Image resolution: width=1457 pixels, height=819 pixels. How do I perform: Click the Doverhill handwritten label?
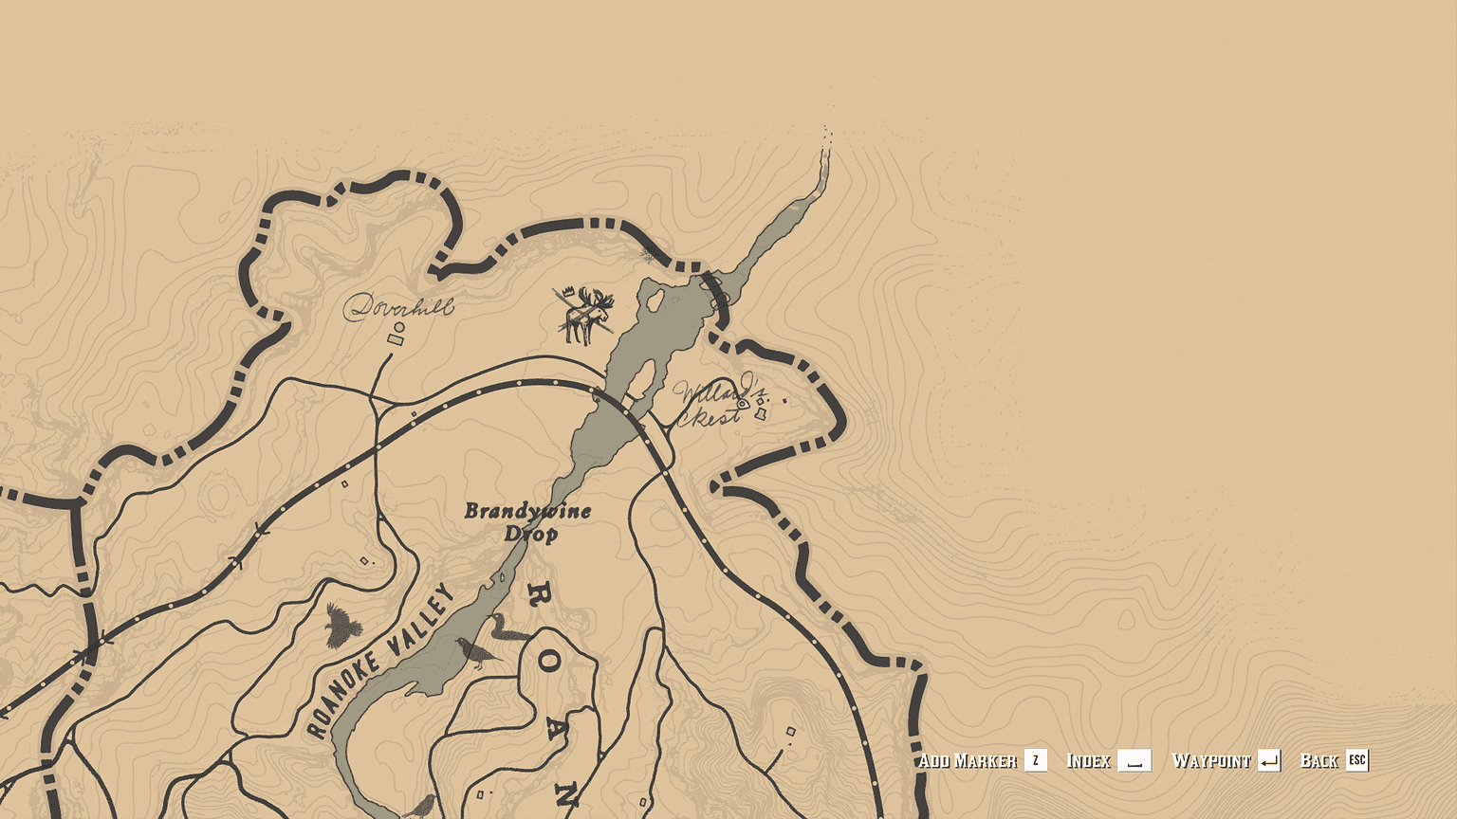click(398, 305)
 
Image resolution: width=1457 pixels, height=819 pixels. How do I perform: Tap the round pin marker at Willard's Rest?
click(743, 403)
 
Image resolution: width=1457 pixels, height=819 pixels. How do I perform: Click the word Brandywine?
click(526, 511)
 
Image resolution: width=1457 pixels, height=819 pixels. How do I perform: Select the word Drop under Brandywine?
click(530, 534)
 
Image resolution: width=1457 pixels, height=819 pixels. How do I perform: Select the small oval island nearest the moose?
click(655, 300)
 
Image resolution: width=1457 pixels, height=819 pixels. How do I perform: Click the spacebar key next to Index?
click(1134, 760)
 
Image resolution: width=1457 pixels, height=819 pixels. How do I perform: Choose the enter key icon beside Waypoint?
click(1268, 760)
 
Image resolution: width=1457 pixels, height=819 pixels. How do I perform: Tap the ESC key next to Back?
click(1356, 760)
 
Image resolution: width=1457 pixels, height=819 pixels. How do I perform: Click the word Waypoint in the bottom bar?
click(1210, 760)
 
